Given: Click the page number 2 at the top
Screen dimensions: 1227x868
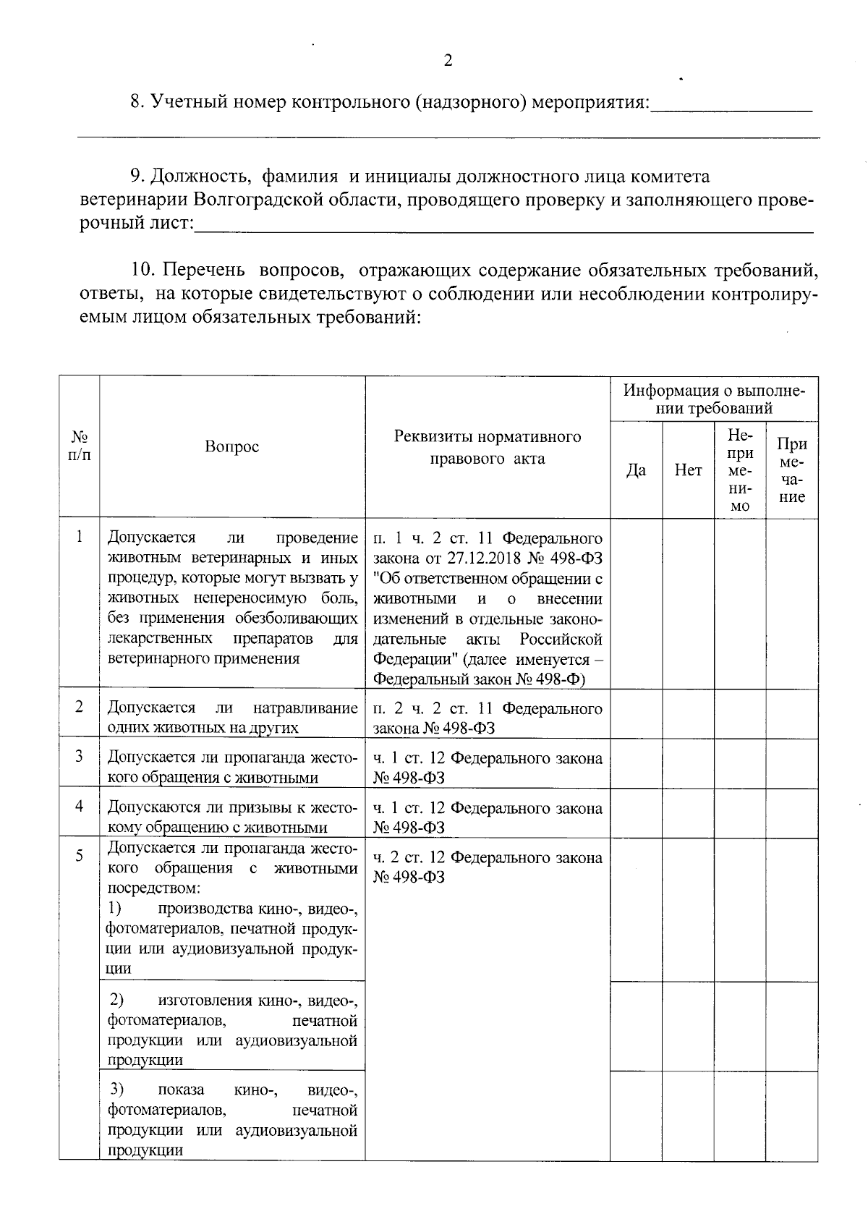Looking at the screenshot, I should [448, 61].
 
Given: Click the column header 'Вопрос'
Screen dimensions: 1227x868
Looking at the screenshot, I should [231, 446].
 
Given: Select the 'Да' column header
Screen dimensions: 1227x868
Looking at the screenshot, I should [635, 470].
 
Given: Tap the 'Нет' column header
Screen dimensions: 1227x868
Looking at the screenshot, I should [688, 470].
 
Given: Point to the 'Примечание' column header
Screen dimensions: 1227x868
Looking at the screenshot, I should [791, 470].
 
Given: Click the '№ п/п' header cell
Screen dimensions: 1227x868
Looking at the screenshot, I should [80, 446].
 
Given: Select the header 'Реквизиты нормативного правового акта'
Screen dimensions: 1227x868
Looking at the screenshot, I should [488, 447].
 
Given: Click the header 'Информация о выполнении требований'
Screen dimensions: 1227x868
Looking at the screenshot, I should [714, 399].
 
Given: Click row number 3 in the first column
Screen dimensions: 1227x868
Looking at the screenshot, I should [80, 756].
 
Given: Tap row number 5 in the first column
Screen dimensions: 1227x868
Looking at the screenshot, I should [80, 856].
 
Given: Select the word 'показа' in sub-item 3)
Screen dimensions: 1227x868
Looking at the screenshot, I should [181, 1090].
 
